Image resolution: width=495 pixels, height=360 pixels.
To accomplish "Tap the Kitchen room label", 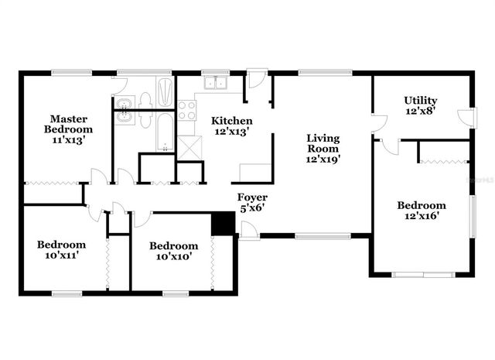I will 232,121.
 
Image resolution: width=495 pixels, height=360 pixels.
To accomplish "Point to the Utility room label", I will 421,101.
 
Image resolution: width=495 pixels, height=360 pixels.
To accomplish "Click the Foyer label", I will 252,197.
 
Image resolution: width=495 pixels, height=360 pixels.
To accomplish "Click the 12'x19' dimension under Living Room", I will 323,159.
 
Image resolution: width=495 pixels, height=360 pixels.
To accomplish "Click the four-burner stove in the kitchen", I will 186,110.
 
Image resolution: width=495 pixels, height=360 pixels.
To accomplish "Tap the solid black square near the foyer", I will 223,221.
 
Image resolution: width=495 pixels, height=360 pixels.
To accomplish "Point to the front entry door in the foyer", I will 249,231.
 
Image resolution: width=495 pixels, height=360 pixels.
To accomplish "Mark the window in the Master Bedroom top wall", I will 72,73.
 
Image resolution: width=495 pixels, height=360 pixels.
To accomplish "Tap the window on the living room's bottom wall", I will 314,235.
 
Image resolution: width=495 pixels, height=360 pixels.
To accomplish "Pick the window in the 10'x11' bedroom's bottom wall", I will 67,293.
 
